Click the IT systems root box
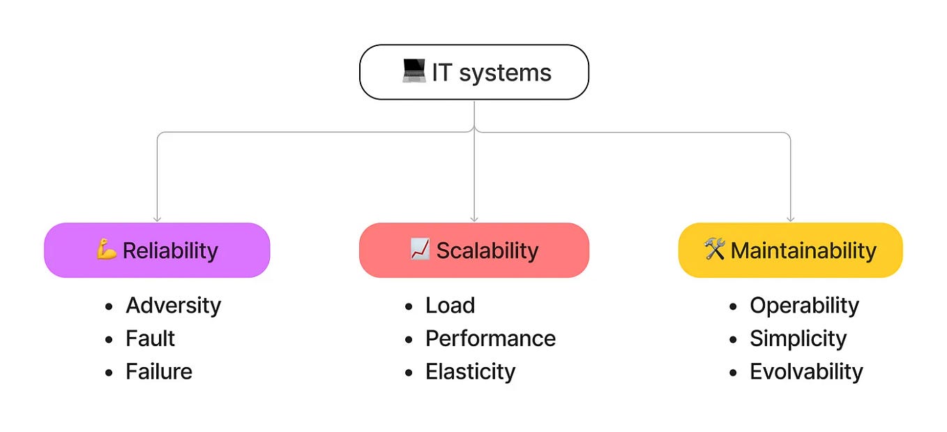(x=473, y=72)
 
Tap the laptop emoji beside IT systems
(x=414, y=71)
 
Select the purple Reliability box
(x=157, y=250)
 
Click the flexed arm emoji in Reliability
(x=107, y=249)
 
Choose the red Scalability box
(x=473, y=250)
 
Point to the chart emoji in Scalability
(x=420, y=249)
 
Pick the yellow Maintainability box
(x=790, y=250)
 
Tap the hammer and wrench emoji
(x=715, y=249)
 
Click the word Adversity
(x=173, y=305)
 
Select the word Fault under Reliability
(x=150, y=338)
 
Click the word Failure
(x=158, y=371)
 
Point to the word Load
(x=450, y=305)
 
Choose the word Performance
(x=490, y=338)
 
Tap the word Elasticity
(x=470, y=371)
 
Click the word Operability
(x=804, y=305)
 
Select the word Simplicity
(x=798, y=338)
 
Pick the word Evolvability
(x=806, y=371)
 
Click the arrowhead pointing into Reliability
(x=157, y=218)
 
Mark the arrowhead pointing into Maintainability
(x=790, y=218)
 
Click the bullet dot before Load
(x=409, y=306)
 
